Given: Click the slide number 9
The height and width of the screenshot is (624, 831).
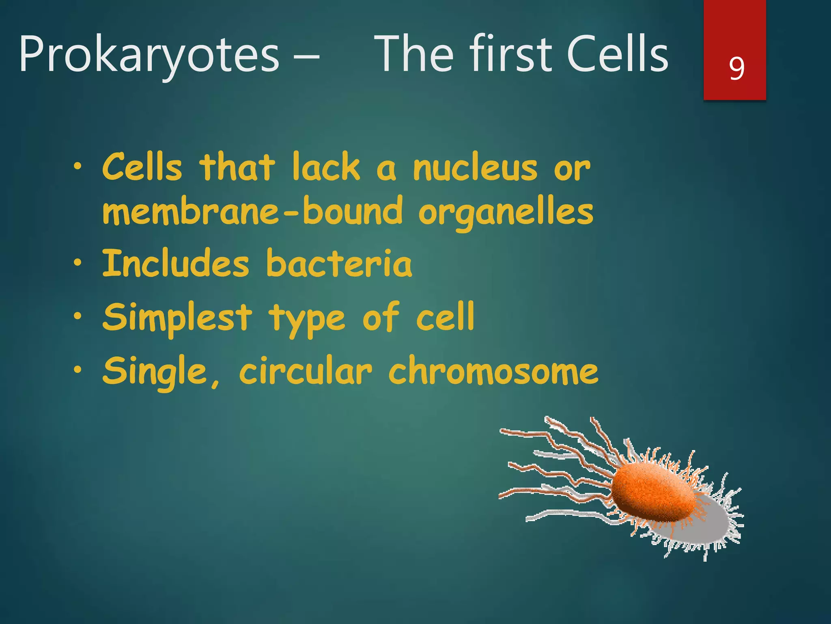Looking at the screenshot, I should tap(736, 68).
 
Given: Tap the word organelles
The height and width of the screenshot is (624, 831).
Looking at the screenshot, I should tap(506, 212).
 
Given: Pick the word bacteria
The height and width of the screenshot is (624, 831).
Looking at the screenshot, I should tap(339, 264).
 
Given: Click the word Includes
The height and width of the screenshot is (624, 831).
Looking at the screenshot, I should tap(175, 264).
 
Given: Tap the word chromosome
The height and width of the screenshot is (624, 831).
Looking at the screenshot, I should tap(493, 370).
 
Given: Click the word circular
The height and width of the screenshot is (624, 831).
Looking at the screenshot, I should tap(305, 370).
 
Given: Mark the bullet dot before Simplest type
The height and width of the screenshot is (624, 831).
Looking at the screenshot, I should tap(78, 317).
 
